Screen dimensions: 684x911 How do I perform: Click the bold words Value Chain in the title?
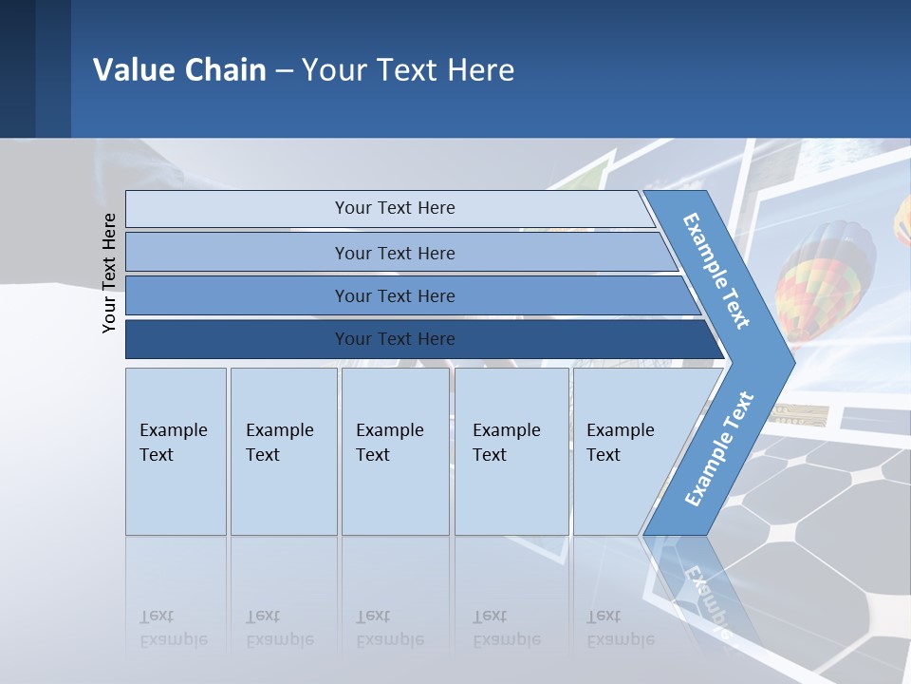pyautogui.click(x=179, y=70)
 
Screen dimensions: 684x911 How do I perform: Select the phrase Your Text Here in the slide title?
pyautogui.click(x=408, y=70)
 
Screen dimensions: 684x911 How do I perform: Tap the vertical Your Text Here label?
pyautogui.click(x=109, y=273)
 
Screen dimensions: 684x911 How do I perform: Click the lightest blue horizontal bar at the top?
pyautogui.click(x=389, y=208)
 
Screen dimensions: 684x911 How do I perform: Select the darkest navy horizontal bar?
pyautogui.click(x=418, y=339)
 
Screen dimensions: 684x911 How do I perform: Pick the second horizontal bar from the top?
pyautogui.click(x=399, y=253)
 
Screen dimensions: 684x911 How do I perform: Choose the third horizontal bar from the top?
pyautogui.click(x=408, y=295)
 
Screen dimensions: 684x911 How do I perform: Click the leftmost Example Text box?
pyautogui.click(x=176, y=451)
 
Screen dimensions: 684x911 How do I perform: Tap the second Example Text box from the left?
pyautogui.click(x=283, y=451)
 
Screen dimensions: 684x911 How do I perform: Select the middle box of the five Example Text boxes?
pyautogui.click(x=395, y=451)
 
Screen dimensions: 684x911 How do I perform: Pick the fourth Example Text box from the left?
pyautogui.click(x=511, y=451)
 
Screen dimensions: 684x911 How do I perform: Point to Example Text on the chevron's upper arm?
pyautogui.click(x=716, y=271)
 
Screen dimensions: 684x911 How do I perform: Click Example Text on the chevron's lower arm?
pyautogui.click(x=719, y=448)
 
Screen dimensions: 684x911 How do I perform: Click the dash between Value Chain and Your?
pyautogui.click(x=284, y=70)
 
